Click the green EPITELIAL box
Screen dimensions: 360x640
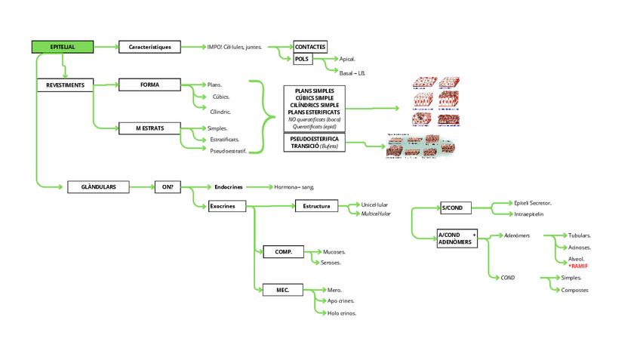pyautogui.click(x=63, y=47)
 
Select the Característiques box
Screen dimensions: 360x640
pyautogui.click(x=149, y=47)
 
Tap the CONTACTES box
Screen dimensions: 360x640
pyautogui.click(x=310, y=47)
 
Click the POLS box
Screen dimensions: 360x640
pyautogui.click(x=302, y=59)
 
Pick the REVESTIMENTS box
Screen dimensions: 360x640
pyautogui.click(x=65, y=85)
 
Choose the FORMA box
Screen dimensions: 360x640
pyautogui.click(x=149, y=85)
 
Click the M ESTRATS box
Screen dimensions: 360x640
pyautogui.click(x=149, y=128)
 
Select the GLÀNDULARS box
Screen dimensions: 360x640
pyautogui.click(x=97, y=186)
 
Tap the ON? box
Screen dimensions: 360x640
pyautogui.click(x=168, y=186)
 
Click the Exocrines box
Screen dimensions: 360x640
pyautogui.click(x=227, y=206)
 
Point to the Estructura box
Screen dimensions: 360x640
pyautogui.click(x=316, y=206)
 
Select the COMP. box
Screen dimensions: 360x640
pyautogui.click(x=284, y=251)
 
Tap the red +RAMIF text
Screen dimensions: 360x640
pyautogui.click(x=578, y=266)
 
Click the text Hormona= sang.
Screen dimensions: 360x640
pyautogui.click(x=294, y=186)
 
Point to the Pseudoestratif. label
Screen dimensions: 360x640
pyautogui.click(x=228, y=151)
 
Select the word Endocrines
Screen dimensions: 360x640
pyautogui.click(x=228, y=186)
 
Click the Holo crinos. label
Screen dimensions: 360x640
pyautogui.click(x=341, y=312)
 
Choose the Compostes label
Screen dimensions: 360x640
pyautogui.click(x=574, y=290)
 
